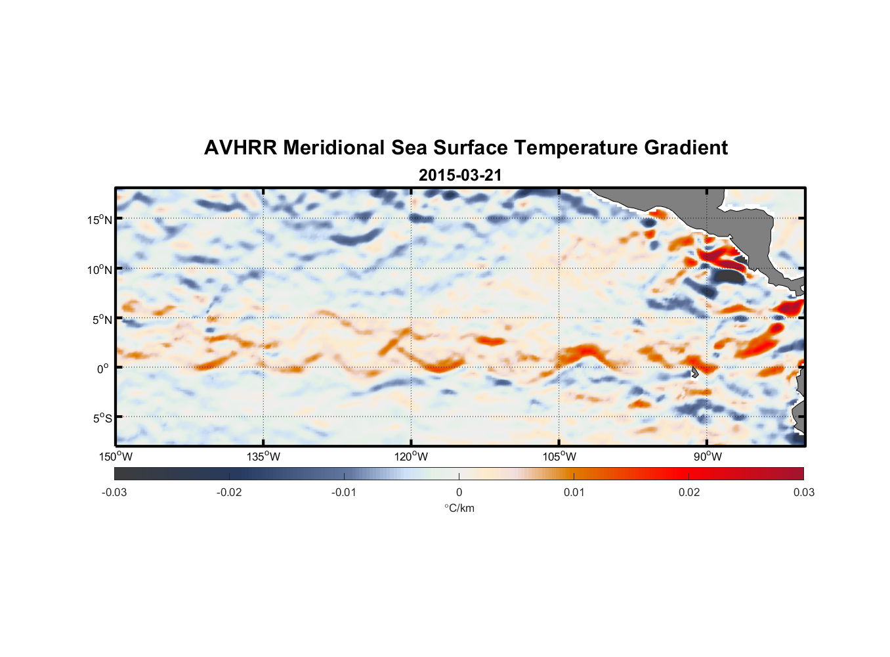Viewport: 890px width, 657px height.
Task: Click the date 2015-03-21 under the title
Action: click(x=460, y=175)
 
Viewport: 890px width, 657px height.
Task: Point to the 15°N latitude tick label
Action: click(x=99, y=219)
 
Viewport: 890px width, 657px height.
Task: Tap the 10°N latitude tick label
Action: click(x=99, y=269)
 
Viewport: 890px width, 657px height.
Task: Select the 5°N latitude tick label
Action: click(x=101, y=319)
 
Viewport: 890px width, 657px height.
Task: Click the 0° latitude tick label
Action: click(x=102, y=369)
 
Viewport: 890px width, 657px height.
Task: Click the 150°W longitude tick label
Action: click(x=116, y=457)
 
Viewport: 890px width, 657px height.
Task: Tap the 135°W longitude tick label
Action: click(x=263, y=457)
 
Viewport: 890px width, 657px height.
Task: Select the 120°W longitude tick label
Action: click(x=411, y=457)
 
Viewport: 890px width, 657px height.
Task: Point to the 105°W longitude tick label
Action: click(x=559, y=457)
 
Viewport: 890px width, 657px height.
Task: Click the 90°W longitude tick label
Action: click(x=708, y=457)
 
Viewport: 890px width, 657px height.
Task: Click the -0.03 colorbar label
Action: click(x=114, y=493)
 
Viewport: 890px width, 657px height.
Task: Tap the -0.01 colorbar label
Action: click(x=344, y=493)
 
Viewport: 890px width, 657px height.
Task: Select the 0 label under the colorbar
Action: click(x=459, y=493)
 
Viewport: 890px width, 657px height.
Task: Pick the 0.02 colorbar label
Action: click(x=689, y=493)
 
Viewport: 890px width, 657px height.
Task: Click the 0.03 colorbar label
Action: click(x=803, y=493)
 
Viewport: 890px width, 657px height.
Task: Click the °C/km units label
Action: click(x=459, y=509)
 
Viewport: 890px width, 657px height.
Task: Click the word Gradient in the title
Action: click(x=685, y=148)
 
